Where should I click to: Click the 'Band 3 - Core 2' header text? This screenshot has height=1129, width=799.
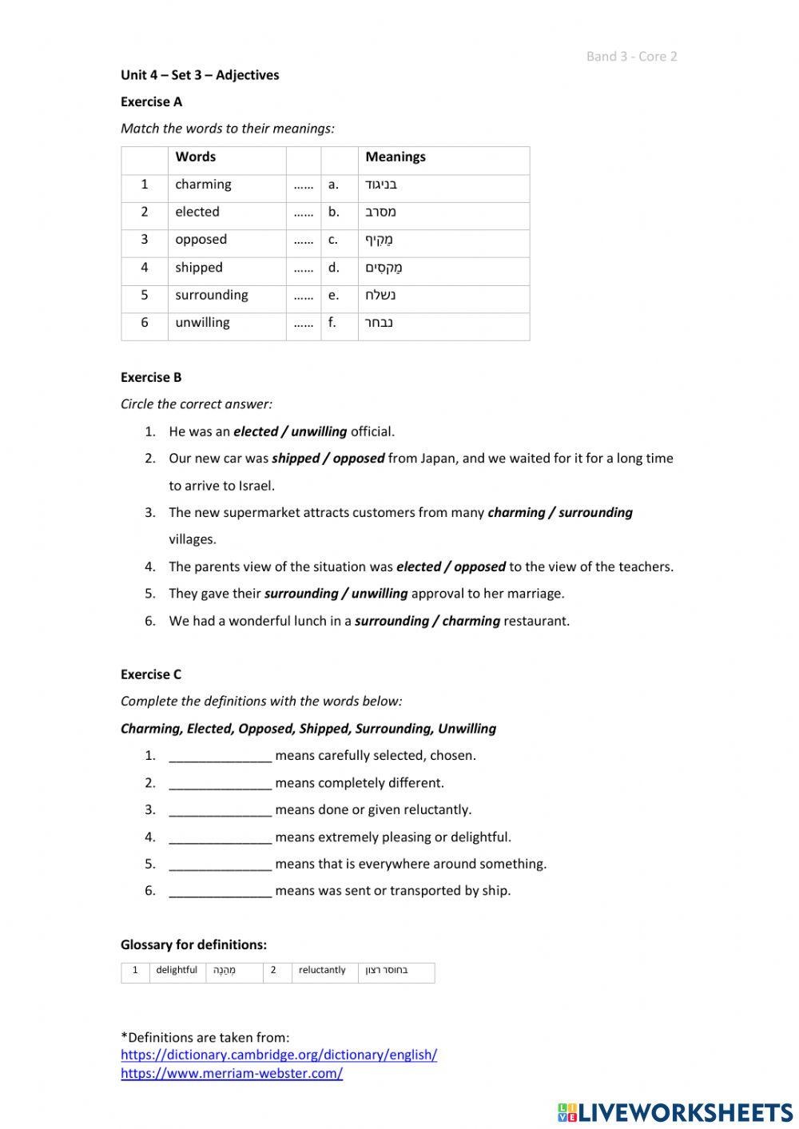click(x=631, y=56)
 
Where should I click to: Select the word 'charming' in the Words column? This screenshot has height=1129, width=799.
click(x=203, y=185)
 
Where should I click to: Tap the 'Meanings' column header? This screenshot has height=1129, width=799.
click(x=396, y=157)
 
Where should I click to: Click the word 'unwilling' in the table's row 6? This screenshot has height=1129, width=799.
click(x=202, y=323)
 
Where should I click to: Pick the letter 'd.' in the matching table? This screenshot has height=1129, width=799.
click(x=333, y=268)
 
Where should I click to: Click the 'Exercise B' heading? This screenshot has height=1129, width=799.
click(x=151, y=377)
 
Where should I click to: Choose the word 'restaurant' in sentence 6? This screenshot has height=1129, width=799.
click(x=536, y=621)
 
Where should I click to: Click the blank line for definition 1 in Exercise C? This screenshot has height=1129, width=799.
click(x=221, y=756)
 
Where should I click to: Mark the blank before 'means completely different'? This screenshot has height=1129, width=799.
click(x=221, y=783)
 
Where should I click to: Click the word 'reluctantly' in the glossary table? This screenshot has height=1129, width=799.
click(x=322, y=970)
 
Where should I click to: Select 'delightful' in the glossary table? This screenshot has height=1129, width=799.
click(x=177, y=970)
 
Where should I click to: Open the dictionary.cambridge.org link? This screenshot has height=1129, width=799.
click(x=279, y=1055)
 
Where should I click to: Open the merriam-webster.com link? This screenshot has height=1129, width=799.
click(x=232, y=1073)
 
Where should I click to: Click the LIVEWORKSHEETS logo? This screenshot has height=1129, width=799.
click(x=675, y=1111)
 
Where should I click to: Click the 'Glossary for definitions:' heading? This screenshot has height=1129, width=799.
click(x=193, y=944)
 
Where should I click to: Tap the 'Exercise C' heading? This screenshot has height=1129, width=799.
click(x=151, y=674)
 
